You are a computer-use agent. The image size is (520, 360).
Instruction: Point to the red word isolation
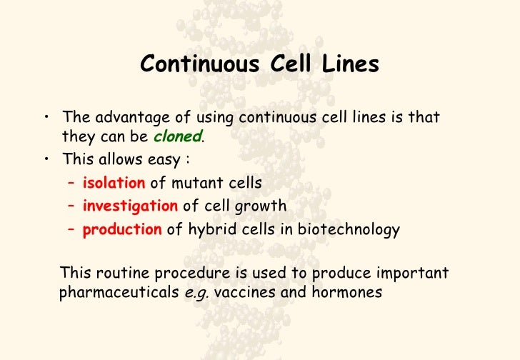pos(114,183)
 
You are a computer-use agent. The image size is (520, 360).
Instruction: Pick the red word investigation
pos(130,206)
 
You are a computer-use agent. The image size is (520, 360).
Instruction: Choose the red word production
pos(122,229)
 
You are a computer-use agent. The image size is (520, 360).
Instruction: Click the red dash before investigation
pos(71,206)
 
